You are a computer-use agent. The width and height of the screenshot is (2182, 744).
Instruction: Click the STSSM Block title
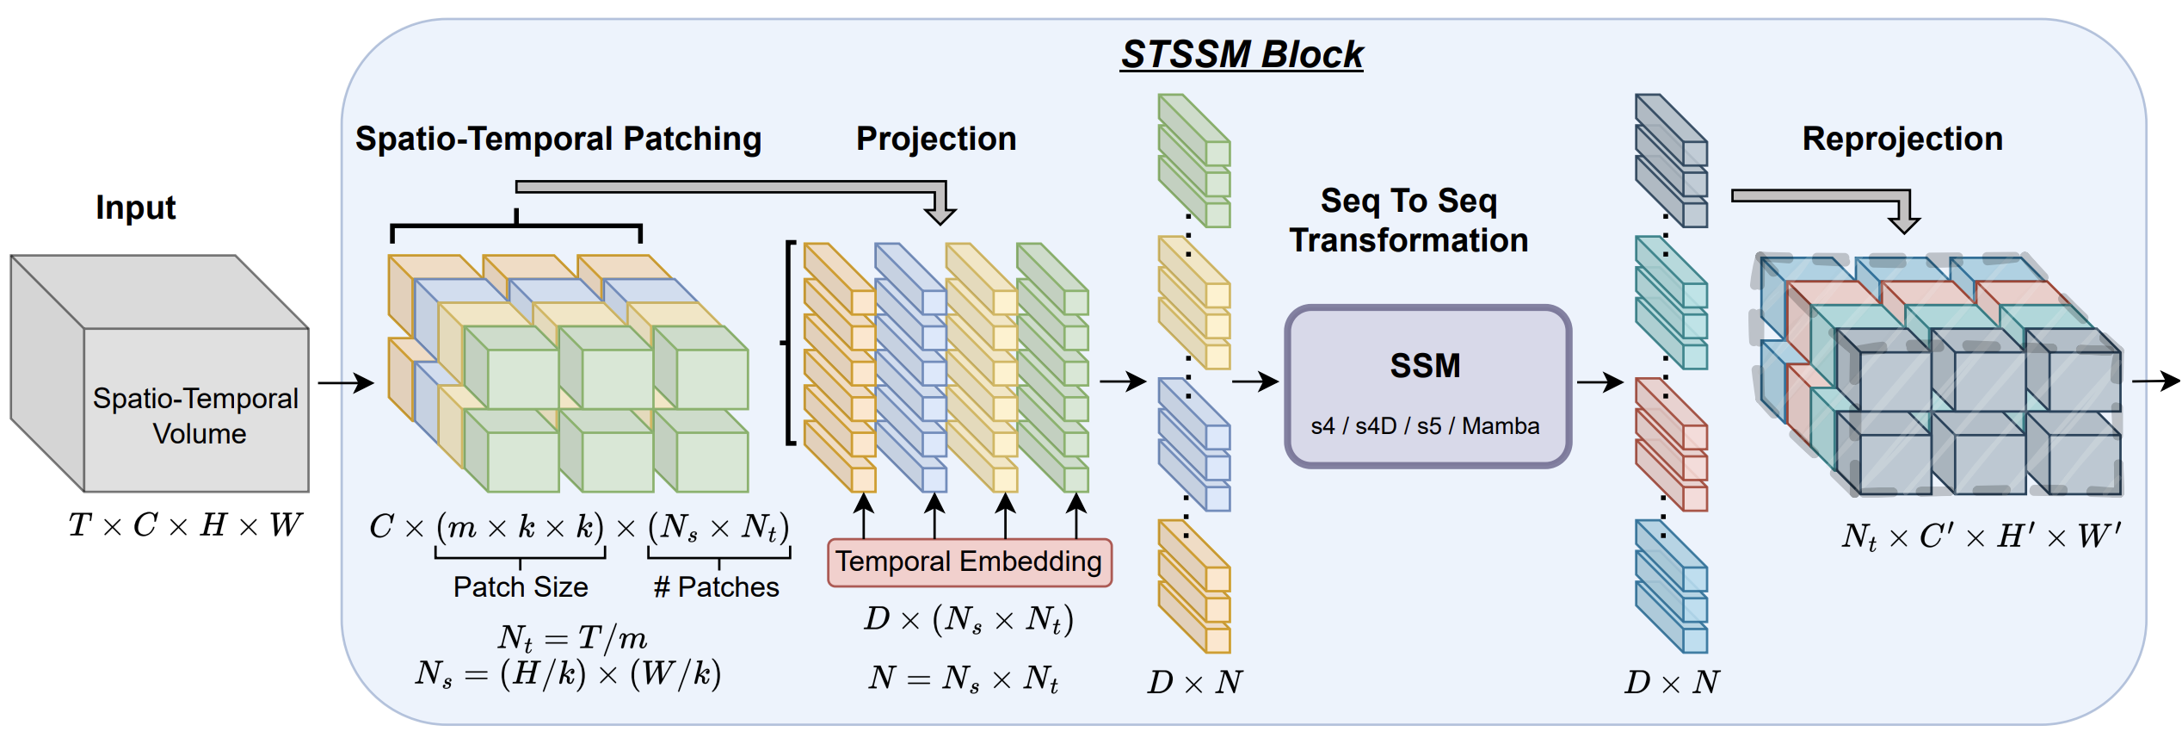1242,54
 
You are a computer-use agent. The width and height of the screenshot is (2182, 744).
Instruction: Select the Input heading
136,208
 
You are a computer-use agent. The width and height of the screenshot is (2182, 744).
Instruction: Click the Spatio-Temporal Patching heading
558,139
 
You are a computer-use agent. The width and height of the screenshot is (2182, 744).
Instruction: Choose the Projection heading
936,139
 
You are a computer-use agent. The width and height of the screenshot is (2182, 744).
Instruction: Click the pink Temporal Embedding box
969,562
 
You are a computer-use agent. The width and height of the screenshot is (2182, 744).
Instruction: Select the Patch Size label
521,587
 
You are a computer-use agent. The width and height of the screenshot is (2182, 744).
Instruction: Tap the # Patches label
716,587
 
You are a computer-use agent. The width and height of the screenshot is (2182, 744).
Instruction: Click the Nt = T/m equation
572,638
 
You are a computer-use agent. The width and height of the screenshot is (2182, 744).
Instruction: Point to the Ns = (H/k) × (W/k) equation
568,674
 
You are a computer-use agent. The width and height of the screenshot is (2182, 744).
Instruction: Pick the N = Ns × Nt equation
963,679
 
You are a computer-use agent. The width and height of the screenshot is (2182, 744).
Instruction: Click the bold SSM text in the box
1426,366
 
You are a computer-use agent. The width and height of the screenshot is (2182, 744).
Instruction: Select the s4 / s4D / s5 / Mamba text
1426,426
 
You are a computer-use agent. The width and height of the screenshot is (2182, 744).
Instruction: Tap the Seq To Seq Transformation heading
1408,220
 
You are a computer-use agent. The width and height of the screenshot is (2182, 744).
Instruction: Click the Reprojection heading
1902,139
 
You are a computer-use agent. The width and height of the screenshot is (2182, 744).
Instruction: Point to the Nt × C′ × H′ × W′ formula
1981,536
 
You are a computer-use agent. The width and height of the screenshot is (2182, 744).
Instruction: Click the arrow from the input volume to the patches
346,382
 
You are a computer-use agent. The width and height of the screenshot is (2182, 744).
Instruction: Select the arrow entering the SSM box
1255,381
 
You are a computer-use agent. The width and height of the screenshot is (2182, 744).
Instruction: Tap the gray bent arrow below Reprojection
1824,202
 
